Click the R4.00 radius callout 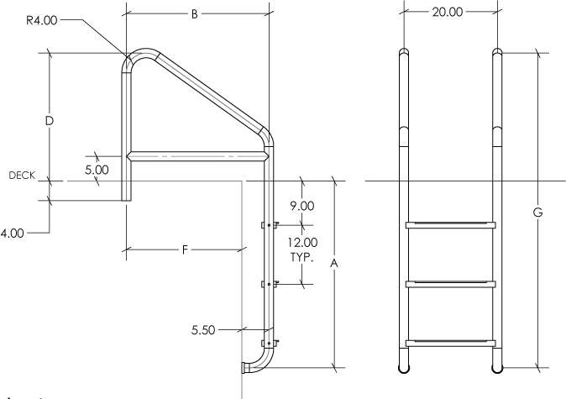(41, 20)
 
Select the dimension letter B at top (194, 14)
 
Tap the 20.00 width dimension (448, 12)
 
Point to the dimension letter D (50, 121)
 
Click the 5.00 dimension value (97, 170)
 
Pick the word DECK (22, 176)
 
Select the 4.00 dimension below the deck (13, 234)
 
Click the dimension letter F (185, 249)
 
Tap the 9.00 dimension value (302, 206)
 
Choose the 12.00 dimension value (302, 242)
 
